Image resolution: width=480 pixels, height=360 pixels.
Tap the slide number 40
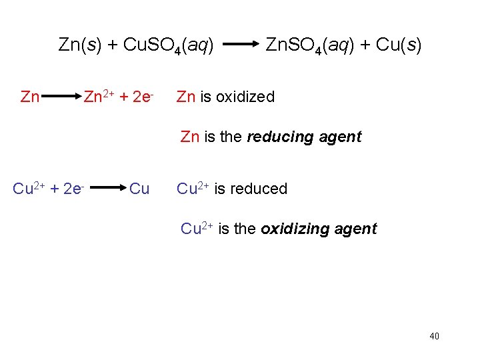pyautogui.click(x=434, y=336)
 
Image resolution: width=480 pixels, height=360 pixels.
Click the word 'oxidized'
pyautogui.click(x=245, y=97)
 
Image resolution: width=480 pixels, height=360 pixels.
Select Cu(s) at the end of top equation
pyautogui.click(x=399, y=45)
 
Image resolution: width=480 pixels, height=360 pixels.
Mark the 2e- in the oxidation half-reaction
pyautogui.click(x=144, y=97)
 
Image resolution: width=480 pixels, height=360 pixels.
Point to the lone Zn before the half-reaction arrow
pyautogui.click(x=30, y=97)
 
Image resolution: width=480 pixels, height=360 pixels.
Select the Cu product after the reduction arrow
pyautogui.click(x=139, y=189)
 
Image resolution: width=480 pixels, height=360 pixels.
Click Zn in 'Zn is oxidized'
pyautogui.click(x=186, y=97)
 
